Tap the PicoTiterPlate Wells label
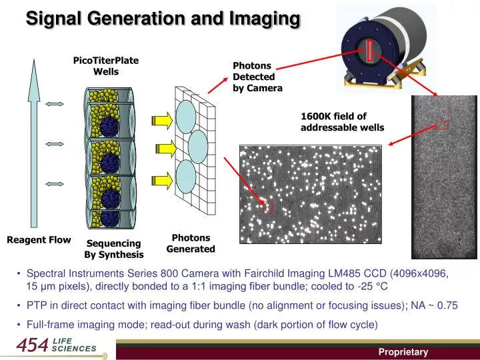pos(105,66)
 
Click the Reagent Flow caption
pos(39,240)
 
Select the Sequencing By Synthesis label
pos(113,249)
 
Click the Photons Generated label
pos(191,243)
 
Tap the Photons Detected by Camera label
pos(257,77)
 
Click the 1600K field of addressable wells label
pos(342,121)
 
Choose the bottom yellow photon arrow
pos(162,179)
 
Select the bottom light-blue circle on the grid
pos(187,175)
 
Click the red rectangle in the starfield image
pos(269,207)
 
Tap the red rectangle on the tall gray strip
pos(441,124)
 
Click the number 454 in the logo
pos(32,346)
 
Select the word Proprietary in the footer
pos(403,352)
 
